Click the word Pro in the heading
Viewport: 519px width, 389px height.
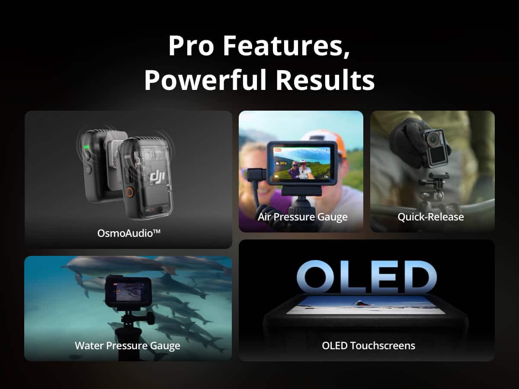[191, 46]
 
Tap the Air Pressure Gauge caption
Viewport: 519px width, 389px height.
[302, 217]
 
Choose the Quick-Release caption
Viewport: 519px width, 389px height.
[430, 217]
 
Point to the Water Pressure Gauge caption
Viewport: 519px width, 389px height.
[128, 346]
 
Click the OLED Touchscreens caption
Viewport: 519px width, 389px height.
[368, 346]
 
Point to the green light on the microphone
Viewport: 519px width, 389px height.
[86, 147]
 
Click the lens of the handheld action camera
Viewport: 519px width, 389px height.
[432, 139]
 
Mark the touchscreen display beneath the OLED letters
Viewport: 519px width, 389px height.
[367, 305]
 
